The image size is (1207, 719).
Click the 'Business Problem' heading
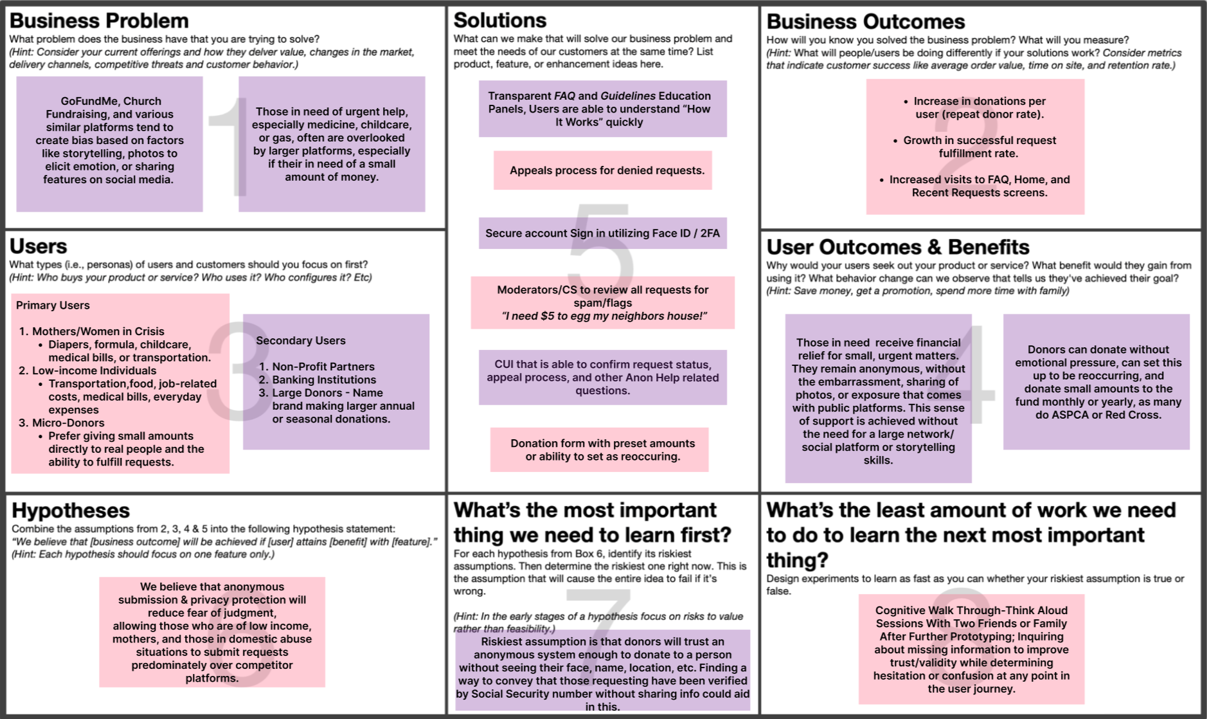[99, 21]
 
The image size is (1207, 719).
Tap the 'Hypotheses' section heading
[71, 510]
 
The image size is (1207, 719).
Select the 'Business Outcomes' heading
[865, 22]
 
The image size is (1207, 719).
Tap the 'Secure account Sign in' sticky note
[602, 233]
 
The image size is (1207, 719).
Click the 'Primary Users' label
[53, 305]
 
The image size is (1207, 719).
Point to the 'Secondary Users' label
[301, 341]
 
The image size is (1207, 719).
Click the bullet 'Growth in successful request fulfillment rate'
[979, 147]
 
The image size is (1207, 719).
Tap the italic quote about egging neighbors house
[604, 316]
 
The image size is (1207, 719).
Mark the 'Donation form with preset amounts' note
[602, 450]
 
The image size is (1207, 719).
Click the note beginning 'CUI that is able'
[602, 377]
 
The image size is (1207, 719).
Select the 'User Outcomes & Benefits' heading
[898, 247]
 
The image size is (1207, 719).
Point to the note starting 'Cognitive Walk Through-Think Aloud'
[970, 649]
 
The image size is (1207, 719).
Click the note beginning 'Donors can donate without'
[1098, 382]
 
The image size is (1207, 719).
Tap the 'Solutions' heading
[499, 21]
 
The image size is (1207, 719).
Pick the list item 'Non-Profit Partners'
[323, 367]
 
